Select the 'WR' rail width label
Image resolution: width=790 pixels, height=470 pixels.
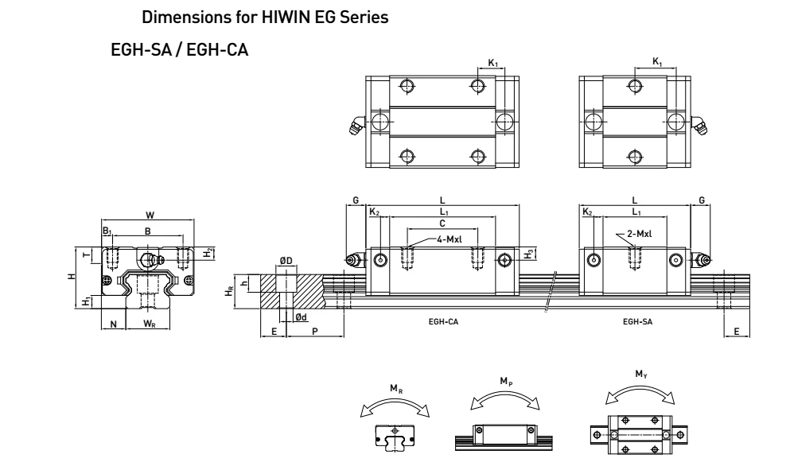[x=149, y=323]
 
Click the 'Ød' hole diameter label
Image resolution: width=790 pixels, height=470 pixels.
[x=302, y=317]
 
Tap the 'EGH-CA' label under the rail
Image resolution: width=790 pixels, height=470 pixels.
[x=443, y=322]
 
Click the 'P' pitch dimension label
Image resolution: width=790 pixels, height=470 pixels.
[x=314, y=331]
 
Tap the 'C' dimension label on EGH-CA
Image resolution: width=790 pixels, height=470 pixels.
[x=442, y=223]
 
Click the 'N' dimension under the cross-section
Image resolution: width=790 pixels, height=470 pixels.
[x=114, y=323]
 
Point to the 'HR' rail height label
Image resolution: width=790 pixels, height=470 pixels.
[x=230, y=292]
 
